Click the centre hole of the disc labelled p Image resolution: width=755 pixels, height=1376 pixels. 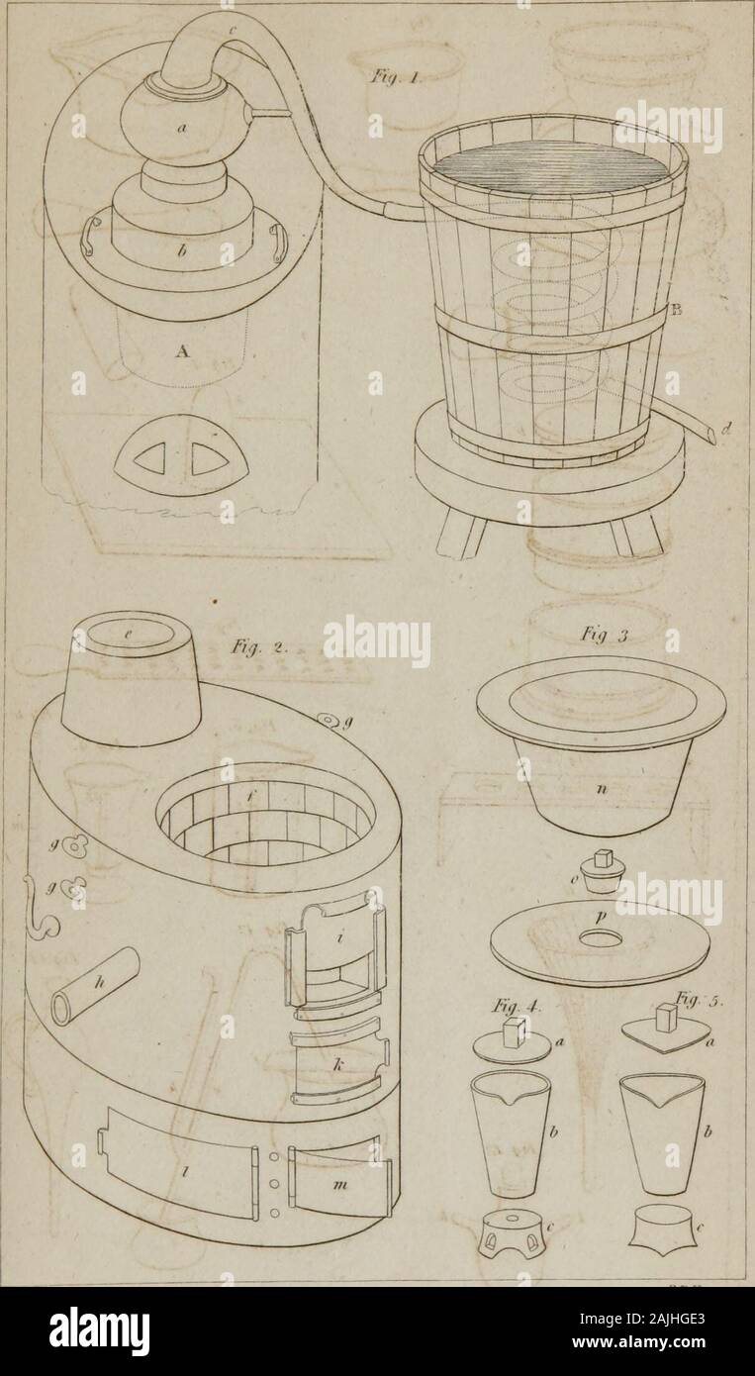(x=602, y=936)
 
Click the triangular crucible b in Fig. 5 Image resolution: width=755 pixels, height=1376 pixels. (x=664, y=1133)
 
